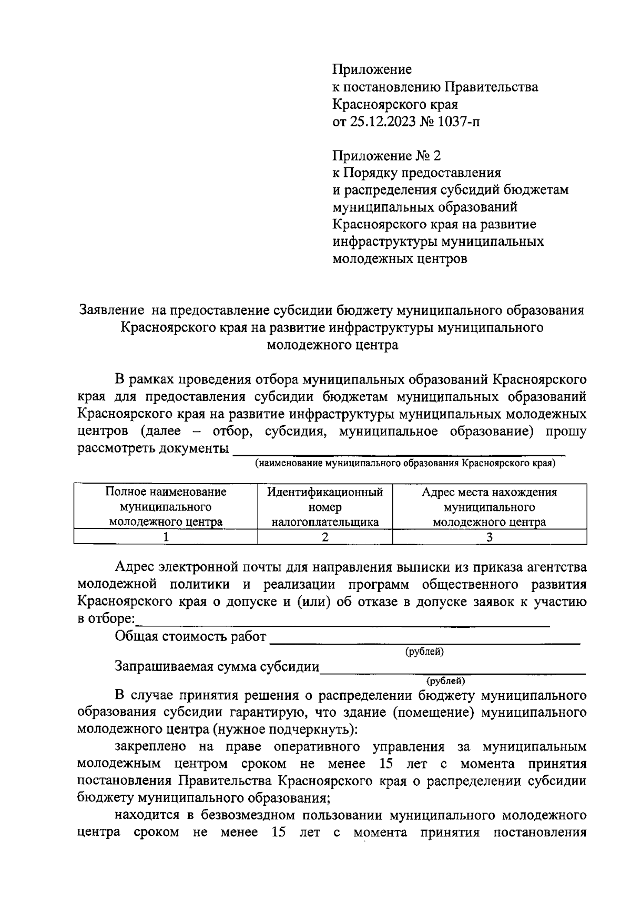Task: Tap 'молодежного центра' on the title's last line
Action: (332, 345)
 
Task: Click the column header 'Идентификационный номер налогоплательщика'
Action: (325, 507)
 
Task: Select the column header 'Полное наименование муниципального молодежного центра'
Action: (166, 507)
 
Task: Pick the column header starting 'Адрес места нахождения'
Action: (490, 507)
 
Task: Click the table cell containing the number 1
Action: (166, 537)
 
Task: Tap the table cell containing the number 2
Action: (325, 537)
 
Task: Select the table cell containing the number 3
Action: (490, 537)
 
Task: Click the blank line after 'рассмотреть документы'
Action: (399, 451)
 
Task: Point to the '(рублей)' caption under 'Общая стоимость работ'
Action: (424, 652)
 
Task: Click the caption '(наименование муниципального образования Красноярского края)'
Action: (405, 464)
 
